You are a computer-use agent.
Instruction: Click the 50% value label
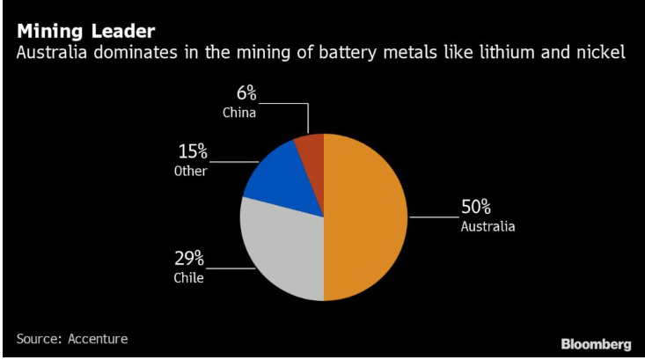pyautogui.click(x=476, y=208)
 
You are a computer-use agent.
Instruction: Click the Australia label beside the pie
pyautogui.click(x=487, y=226)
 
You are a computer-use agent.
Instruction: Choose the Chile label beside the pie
pyautogui.click(x=187, y=278)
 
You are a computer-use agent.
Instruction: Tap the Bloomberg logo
pyautogui.click(x=597, y=342)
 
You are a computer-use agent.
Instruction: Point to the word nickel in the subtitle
pyautogui.click(x=600, y=55)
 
